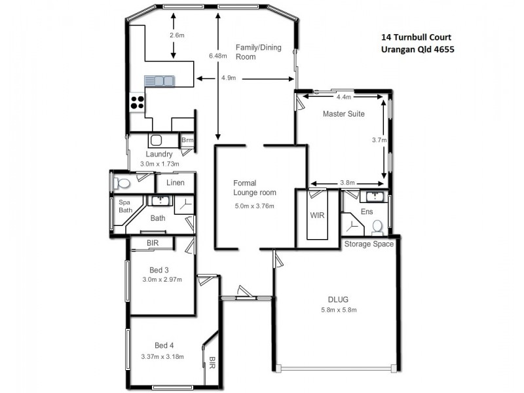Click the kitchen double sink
coord(160,81)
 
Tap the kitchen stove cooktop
coord(137,102)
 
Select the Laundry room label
coord(159,155)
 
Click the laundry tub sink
coord(156,140)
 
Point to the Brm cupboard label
coord(187,140)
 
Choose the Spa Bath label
coord(125,206)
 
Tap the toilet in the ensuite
coord(377,227)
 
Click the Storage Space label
coord(369,244)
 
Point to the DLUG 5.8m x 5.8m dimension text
coord(339,310)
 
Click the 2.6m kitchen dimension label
coord(176,34)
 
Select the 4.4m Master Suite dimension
coord(343,97)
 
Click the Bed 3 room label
coord(159,270)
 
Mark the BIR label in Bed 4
coord(212,361)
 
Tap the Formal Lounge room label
coord(255,188)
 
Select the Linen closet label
coord(175,183)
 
